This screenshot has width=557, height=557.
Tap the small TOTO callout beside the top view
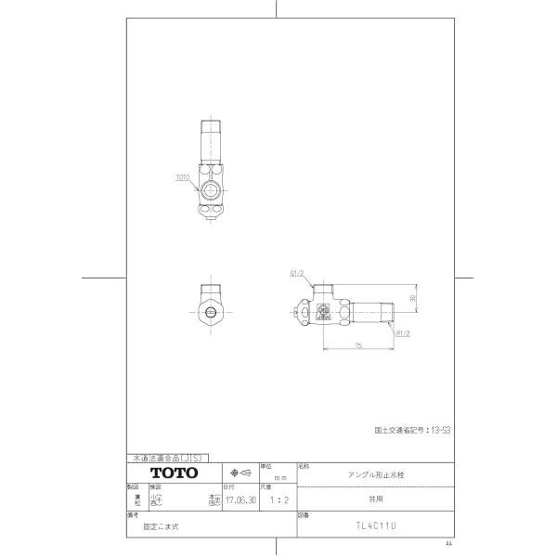[x=183, y=175]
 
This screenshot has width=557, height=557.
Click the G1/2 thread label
[x=298, y=274]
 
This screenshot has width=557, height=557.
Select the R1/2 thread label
[x=403, y=330]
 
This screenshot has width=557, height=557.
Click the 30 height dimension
[x=411, y=298]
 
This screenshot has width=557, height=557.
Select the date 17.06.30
[x=241, y=499]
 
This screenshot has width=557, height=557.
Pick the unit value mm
[x=280, y=477]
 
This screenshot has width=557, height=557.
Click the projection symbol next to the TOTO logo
[x=240, y=473]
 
